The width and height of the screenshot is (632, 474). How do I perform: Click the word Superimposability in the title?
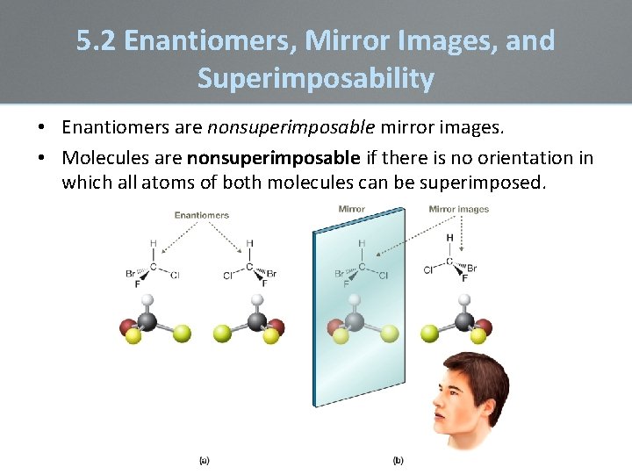pyautogui.click(x=315, y=79)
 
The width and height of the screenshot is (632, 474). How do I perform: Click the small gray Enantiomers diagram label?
pyautogui.click(x=201, y=215)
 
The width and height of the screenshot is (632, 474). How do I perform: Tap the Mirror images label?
pyautogui.click(x=458, y=209)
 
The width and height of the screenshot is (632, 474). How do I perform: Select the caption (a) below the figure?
pyautogui.click(x=204, y=459)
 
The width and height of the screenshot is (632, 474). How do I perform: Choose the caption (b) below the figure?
pyautogui.click(x=398, y=459)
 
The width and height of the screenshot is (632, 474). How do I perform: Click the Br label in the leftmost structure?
pyautogui.click(x=131, y=274)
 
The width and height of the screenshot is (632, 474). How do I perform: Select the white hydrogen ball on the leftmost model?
pyautogui.click(x=148, y=300)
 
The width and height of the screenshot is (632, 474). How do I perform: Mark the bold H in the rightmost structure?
pyautogui.click(x=450, y=238)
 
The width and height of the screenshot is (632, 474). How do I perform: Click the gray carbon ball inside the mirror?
pyautogui.click(x=354, y=321)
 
